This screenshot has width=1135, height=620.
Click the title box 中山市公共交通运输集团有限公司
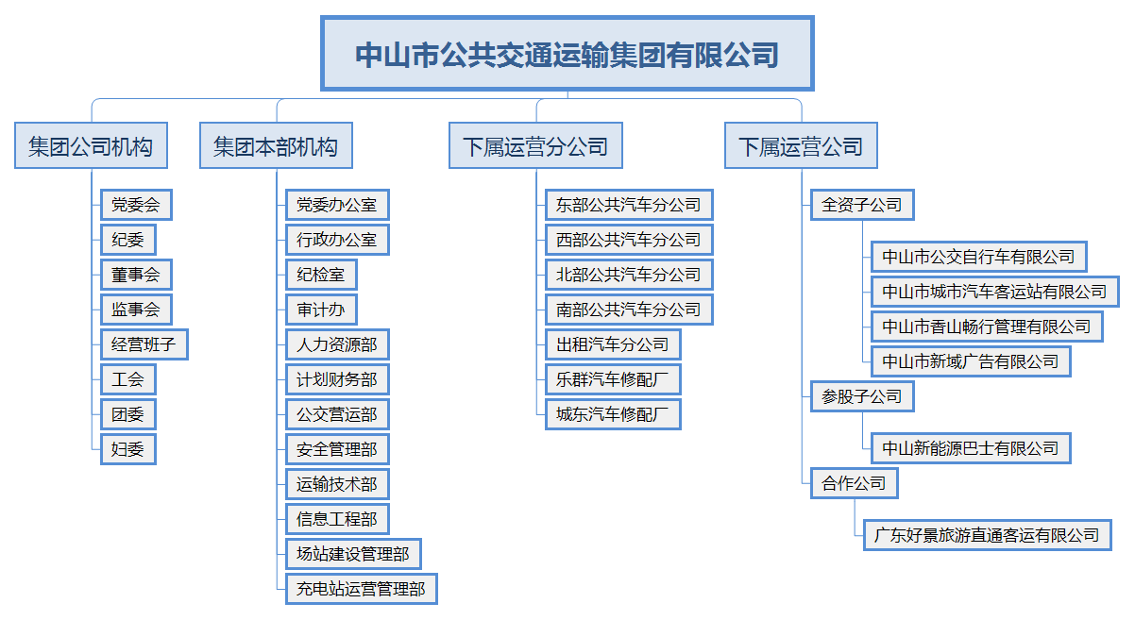567,53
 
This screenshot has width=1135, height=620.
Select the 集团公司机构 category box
92,145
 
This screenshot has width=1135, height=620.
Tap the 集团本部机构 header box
276,145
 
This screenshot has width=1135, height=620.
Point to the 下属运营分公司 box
535,145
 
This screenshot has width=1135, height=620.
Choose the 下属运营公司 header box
801,145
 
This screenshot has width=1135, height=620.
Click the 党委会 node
136,205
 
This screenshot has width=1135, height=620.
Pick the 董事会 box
136,275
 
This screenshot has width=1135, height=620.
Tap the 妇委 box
128,449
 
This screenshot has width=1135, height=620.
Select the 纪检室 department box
321,275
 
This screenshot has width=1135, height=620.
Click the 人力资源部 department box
337,344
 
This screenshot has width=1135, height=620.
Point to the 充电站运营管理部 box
362,589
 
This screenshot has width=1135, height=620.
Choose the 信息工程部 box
337,519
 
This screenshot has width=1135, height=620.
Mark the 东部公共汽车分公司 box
629,205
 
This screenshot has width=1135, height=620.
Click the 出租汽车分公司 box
613,344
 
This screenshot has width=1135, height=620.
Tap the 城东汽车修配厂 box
613,414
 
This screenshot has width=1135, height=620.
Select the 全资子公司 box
862,205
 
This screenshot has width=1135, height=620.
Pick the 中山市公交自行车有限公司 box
979,257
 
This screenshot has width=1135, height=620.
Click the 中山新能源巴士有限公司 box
971,448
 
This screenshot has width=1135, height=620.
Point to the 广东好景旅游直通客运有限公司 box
987,535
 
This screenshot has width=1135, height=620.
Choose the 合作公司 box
855,483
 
